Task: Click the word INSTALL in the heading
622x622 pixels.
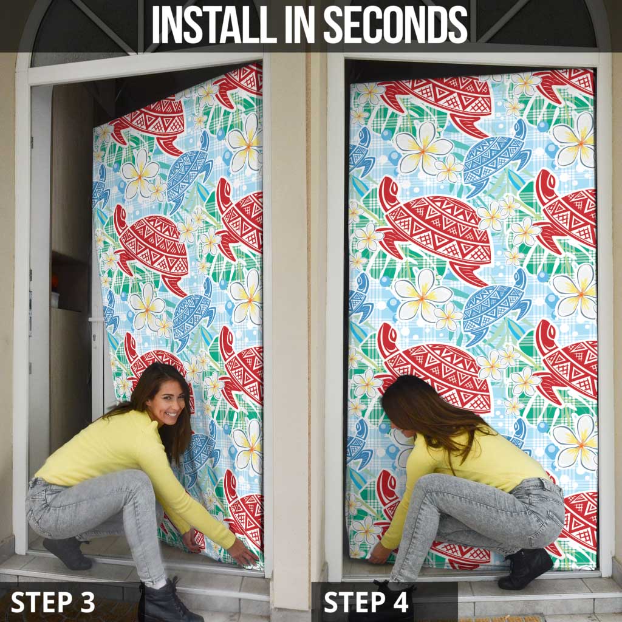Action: coord(214,24)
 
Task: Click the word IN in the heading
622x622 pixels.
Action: coord(299,24)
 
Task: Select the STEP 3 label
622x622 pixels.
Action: coord(53,602)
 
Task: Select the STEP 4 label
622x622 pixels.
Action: coord(366,602)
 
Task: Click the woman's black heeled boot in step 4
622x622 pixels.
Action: coord(525,568)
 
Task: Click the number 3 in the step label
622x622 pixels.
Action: coord(87,602)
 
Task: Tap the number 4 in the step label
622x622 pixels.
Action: coord(400,602)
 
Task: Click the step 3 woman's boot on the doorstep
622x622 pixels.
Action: coord(67,553)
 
